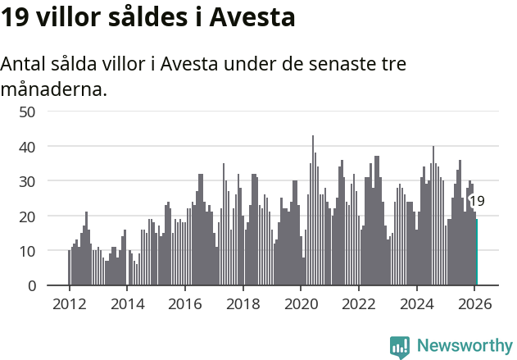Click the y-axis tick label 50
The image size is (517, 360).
pyautogui.click(x=27, y=112)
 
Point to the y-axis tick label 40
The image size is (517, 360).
pyautogui.click(x=27, y=147)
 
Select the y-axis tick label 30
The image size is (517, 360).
pyautogui.click(x=27, y=181)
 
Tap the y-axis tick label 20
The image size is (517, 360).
pyautogui.click(x=27, y=216)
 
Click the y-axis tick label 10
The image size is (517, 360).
pyautogui.click(x=27, y=251)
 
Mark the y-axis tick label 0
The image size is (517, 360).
pyautogui.click(x=32, y=286)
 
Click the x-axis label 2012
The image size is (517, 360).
pyautogui.click(x=69, y=303)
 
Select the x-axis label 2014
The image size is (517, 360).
pyautogui.click(x=127, y=303)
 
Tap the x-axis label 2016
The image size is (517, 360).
pyautogui.click(x=185, y=303)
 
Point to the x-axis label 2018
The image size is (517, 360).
pyautogui.click(x=243, y=303)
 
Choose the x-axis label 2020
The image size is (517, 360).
pyautogui.click(x=301, y=303)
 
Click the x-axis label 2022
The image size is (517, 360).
pyautogui.click(x=359, y=303)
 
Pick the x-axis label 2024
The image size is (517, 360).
pyautogui.click(x=417, y=303)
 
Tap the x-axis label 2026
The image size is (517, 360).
pyautogui.click(x=475, y=303)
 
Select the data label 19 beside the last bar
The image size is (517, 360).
pyautogui.click(x=477, y=201)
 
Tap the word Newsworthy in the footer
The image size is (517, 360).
pyautogui.click(x=465, y=345)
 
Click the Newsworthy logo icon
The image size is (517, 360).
pyautogui.click(x=400, y=347)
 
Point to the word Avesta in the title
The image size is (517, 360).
pyautogui.click(x=253, y=16)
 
